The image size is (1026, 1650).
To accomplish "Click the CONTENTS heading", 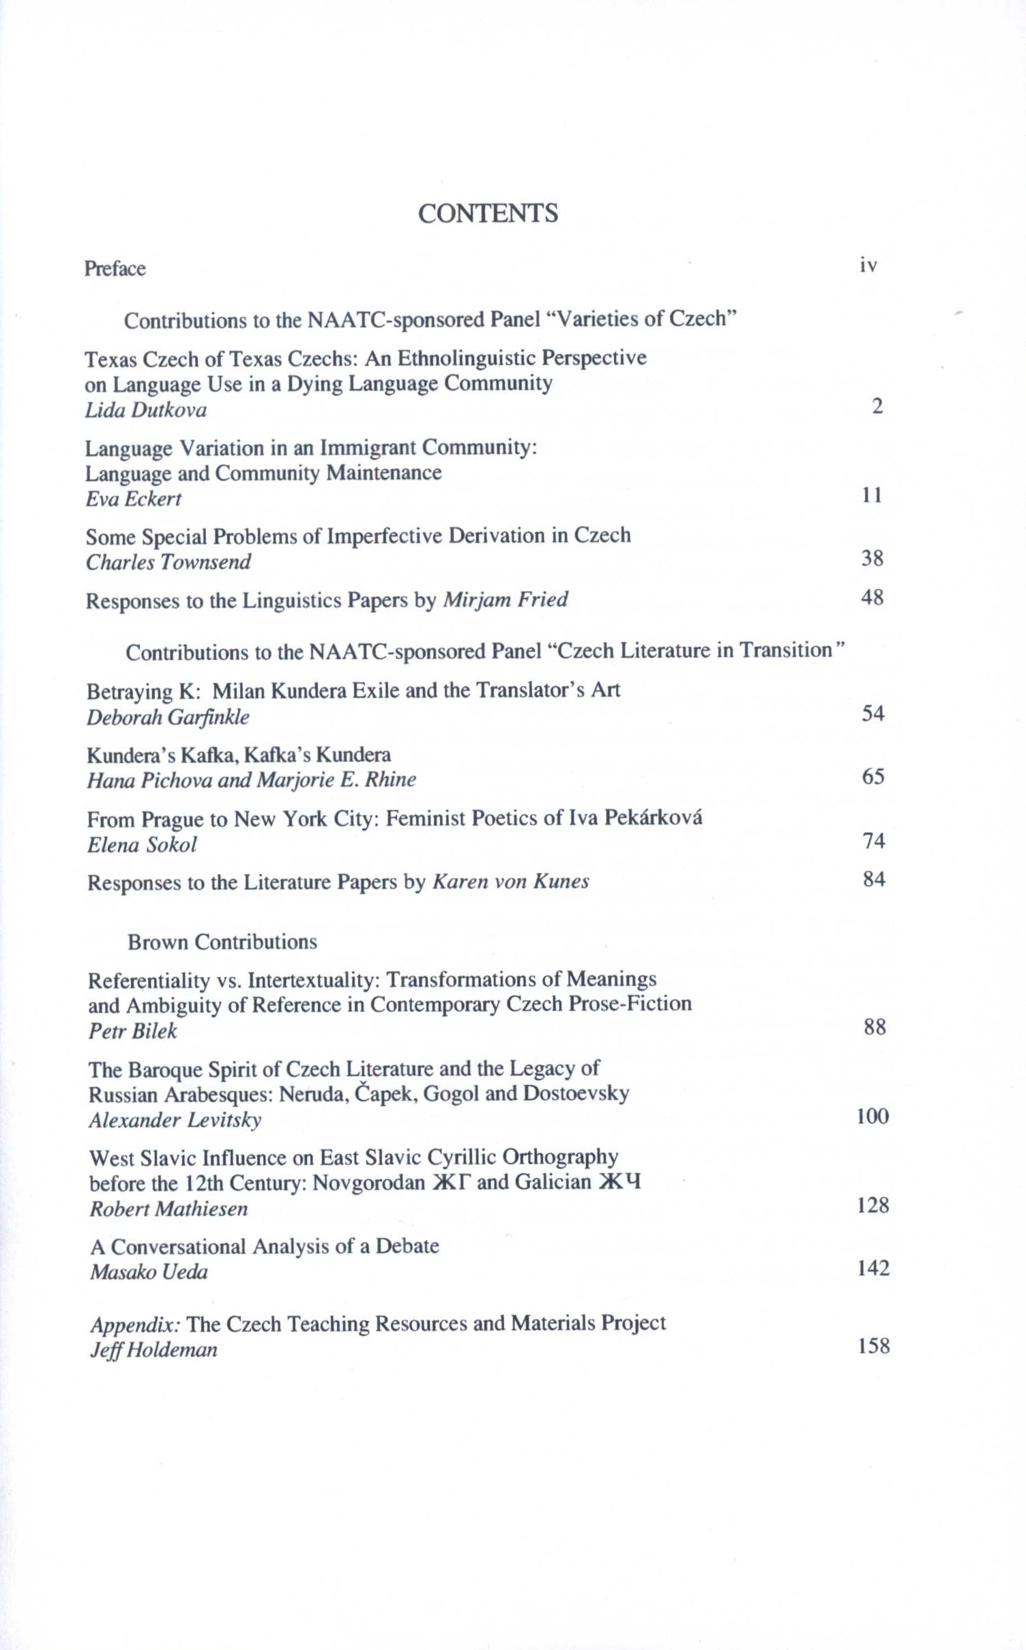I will pyautogui.click(x=488, y=214).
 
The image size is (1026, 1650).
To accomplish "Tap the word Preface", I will pyautogui.click(x=115, y=268).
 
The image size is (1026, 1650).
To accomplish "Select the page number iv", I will pyautogui.click(x=868, y=265).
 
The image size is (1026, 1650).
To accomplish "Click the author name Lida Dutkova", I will pyautogui.click(x=145, y=410).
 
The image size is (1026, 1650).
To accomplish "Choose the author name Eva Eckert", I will pyautogui.click(x=133, y=499).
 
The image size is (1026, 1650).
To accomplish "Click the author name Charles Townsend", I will pyautogui.click(x=168, y=562).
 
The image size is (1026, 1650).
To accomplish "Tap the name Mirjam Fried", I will pyautogui.click(x=505, y=599).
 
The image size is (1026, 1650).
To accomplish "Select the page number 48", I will pyautogui.click(x=873, y=597).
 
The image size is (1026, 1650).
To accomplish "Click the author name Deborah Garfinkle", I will pyautogui.click(x=168, y=717).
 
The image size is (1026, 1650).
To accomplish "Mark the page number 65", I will pyautogui.click(x=873, y=776).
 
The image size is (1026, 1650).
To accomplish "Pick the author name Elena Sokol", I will pyautogui.click(x=142, y=845).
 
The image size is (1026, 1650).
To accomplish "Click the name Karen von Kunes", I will pyautogui.click(x=511, y=882).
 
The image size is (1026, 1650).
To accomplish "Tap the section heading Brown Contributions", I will pyautogui.click(x=222, y=942).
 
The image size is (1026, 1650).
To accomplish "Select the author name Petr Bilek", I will pyautogui.click(x=132, y=1030).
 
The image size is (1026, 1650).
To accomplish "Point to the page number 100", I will pyautogui.click(x=873, y=1116).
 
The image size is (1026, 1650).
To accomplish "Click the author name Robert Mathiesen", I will pyautogui.click(x=168, y=1208).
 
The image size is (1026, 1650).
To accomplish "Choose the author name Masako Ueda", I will pyautogui.click(x=149, y=1271).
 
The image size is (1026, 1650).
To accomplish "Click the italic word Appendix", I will pyautogui.click(x=135, y=1325).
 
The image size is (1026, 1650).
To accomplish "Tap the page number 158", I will pyautogui.click(x=874, y=1346).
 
